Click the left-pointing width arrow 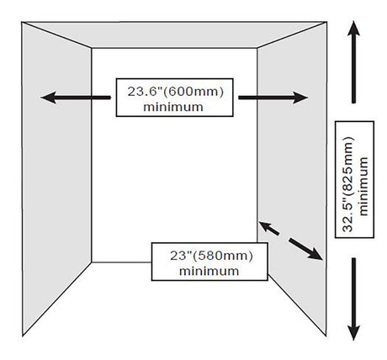pos(76,98)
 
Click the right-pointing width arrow pos(273,98)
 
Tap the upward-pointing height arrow pos(353,62)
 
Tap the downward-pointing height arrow pos(353,299)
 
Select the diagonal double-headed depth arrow pos(290,241)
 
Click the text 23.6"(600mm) pos(176,92)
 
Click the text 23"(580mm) pos(211,256)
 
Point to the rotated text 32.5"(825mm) pos(348,184)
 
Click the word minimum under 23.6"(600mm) pos(173,107)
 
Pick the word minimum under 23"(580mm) pos(209,272)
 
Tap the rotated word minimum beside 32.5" pos(363,186)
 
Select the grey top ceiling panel pos(174,34)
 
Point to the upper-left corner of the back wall pos(92,48)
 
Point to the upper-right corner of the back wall pos(257,48)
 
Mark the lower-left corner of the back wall pos(92,262)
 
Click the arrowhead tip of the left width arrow pos(41,98)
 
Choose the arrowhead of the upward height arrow pos(353,28)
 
